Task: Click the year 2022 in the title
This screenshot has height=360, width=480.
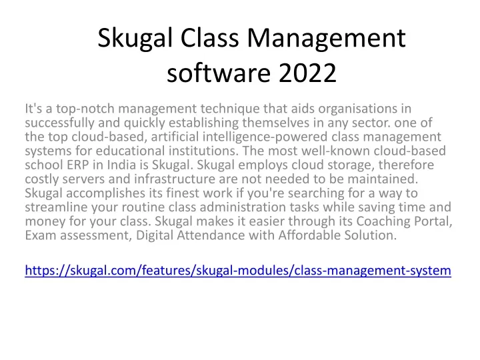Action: tap(307, 73)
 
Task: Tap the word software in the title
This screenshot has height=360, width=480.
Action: tap(219, 73)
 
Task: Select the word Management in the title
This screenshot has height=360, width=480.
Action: tap(326, 39)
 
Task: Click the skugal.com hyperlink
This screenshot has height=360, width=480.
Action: tap(238, 271)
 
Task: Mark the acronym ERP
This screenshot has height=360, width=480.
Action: tap(78, 165)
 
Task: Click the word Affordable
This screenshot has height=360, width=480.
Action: tap(309, 235)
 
